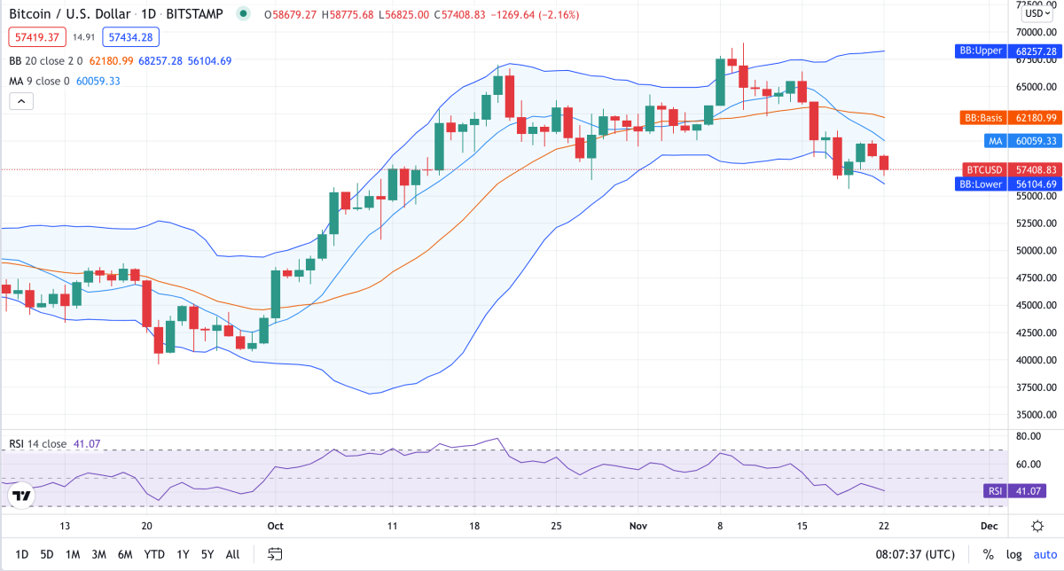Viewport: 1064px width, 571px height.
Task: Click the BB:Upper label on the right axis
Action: pos(979,51)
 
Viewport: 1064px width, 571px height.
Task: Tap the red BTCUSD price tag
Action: pos(983,169)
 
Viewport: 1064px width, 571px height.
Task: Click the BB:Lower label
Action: pos(980,184)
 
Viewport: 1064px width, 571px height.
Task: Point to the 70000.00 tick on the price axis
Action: pos(1036,32)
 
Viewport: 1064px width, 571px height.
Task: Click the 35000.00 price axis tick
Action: pos(1036,415)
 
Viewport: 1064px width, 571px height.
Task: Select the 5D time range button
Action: pos(47,554)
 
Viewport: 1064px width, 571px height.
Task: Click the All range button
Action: pos(232,554)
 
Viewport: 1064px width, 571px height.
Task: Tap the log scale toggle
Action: pos(1013,554)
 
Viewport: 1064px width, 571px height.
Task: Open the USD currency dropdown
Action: pos(1036,13)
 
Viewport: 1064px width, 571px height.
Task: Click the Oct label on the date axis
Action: pos(275,526)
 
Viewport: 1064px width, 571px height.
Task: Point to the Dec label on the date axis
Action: pos(989,526)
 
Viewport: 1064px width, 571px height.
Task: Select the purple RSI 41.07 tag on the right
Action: pos(994,491)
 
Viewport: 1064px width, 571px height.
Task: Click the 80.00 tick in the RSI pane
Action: pos(1029,436)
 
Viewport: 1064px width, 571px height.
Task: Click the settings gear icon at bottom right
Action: pos(1037,526)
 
